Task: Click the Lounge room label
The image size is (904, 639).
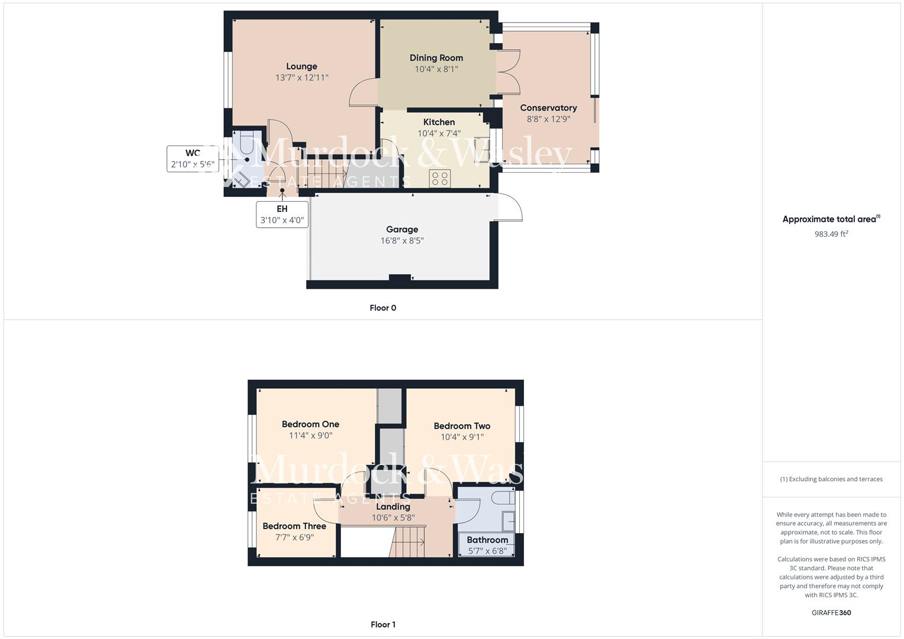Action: click(x=301, y=66)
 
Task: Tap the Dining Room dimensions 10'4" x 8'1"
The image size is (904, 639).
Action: click(x=436, y=69)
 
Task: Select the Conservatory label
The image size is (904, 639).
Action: click(x=548, y=108)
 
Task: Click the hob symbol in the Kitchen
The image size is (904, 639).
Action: click(x=440, y=177)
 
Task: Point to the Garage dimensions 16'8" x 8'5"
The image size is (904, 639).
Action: click(x=402, y=241)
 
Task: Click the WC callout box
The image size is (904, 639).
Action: click(x=192, y=159)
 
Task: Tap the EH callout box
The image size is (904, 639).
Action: click(x=282, y=214)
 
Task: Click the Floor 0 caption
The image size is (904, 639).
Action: click(x=382, y=308)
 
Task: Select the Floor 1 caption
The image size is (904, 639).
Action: click(x=382, y=624)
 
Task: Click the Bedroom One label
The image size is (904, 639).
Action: click(x=310, y=424)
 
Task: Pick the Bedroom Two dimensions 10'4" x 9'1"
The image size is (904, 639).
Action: click(x=462, y=437)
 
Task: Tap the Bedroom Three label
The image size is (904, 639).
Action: click(x=294, y=526)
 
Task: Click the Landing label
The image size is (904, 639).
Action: click(x=393, y=506)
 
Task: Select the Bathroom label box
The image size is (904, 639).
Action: click(x=487, y=544)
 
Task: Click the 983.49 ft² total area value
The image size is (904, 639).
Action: click(x=831, y=234)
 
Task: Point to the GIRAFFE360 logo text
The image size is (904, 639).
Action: click(x=831, y=612)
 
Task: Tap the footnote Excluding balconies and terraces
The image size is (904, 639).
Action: click(x=831, y=479)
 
